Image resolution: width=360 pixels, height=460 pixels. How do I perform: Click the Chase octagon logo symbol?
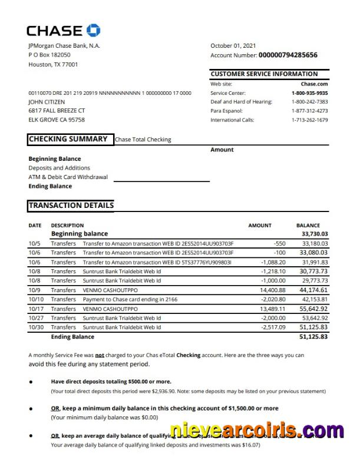[x=94, y=30]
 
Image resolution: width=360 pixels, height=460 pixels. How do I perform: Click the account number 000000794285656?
[x=288, y=55]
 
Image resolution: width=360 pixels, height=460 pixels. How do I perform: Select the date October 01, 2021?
[x=233, y=45]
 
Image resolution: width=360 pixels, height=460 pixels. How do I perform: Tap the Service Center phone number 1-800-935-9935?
[x=309, y=93]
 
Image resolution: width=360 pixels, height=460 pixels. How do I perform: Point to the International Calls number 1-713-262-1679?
[x=309, y=120]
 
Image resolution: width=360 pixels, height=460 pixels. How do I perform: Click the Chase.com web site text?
[x=314, y=84]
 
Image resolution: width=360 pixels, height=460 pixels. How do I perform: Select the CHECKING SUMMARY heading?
[x=68, y=139]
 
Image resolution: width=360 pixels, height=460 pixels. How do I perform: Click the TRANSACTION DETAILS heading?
[x=71, y=206]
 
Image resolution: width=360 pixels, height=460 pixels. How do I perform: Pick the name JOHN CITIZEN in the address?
[x=47, y=102]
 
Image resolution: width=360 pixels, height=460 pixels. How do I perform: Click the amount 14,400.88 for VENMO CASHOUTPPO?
[x=272, y=290]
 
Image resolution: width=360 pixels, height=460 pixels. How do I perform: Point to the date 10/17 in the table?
[x=36, y=309]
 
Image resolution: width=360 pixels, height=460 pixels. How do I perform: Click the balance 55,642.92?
[x=314, y=309]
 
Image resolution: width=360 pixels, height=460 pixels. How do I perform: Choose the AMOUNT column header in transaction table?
[x=260, y=225]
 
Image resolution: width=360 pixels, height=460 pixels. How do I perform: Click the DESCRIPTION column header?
[x=67, y=225]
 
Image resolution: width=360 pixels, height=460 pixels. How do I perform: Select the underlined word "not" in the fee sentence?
[x=100, y=355]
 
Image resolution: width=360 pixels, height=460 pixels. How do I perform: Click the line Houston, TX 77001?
[x=53, y=65]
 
